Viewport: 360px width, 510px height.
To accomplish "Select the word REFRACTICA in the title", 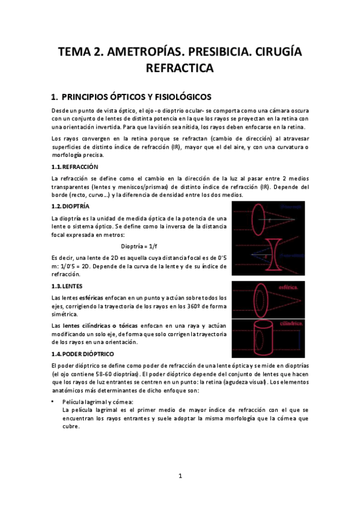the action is (180, 69).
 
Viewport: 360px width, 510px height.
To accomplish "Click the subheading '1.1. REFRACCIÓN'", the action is (75, 167).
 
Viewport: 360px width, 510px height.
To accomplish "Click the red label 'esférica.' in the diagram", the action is (290, 288).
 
